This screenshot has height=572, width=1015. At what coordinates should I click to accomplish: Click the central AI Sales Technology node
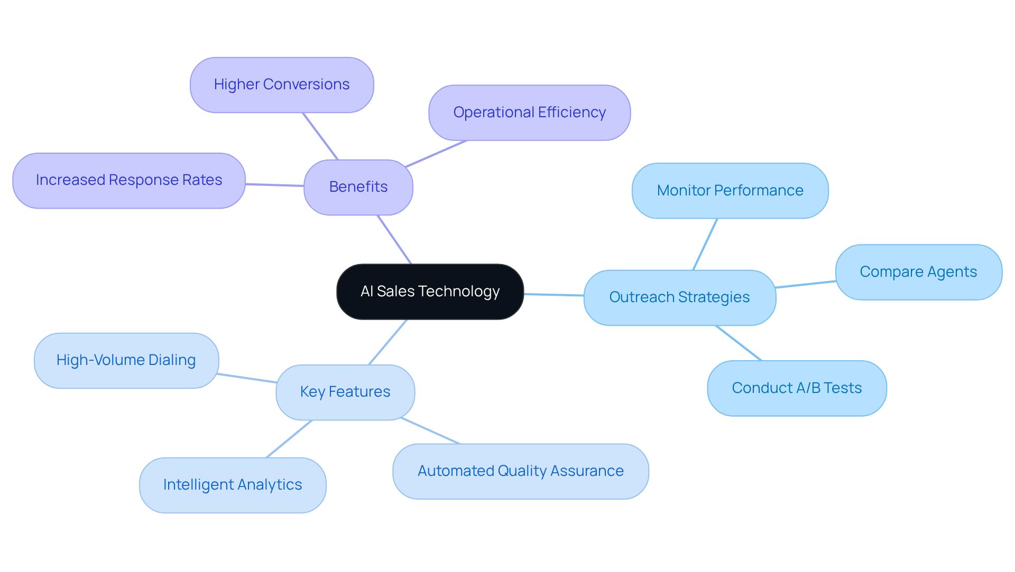(x=430, y=292)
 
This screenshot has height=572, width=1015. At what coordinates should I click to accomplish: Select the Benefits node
(x=358, y=187)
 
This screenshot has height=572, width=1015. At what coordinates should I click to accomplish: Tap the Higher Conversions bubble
(x=282, y=85)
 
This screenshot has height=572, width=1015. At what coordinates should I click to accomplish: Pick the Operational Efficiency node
(x=529, y=112)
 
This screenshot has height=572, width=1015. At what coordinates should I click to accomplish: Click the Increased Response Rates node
(x=128, y=180)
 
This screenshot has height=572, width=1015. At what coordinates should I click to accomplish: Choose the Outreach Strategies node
(x=679, y=297)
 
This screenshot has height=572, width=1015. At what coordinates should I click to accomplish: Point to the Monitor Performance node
(x=730, y=191)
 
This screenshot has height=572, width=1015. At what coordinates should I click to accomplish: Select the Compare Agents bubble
(x=918, y=272)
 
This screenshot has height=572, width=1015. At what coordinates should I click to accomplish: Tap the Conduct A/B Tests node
(x=797, y=388)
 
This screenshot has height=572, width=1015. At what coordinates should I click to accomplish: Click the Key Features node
(x=345, y=392)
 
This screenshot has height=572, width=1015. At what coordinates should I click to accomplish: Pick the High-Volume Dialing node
(x=126, y=360)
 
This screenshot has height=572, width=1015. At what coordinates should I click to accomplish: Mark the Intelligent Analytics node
(x=233, y=485)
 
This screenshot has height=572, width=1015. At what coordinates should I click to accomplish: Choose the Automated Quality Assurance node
(x=520, y=471)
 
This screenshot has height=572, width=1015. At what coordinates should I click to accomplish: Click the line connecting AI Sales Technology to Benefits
(x=394, y=239)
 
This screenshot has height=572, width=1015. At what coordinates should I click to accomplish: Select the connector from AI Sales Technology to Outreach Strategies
(x=553, y=295)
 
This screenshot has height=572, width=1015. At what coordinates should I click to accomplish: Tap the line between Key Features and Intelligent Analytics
(x=289, y=439)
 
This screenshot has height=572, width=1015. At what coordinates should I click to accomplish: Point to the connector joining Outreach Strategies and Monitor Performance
(x=705, y=244)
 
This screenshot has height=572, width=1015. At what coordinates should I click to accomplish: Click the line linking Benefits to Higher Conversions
(x=320, y=136)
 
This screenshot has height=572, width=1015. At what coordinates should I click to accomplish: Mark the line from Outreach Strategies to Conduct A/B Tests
(x=739, y=343)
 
